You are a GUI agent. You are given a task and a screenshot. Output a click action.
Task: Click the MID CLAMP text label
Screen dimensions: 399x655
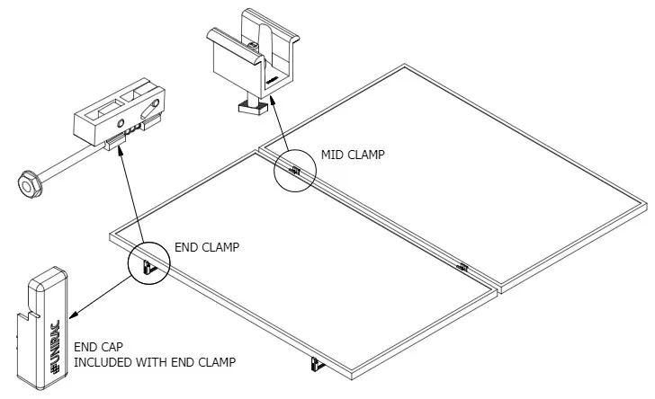click(x=352, y=155)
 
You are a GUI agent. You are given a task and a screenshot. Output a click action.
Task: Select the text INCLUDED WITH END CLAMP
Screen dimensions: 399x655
click(x=154, y=362)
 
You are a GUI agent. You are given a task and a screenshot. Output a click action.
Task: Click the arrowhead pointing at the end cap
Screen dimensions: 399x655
click(x=73, y=315)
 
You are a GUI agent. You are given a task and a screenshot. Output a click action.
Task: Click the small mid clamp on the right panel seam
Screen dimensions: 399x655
click(x=462, y=265)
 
